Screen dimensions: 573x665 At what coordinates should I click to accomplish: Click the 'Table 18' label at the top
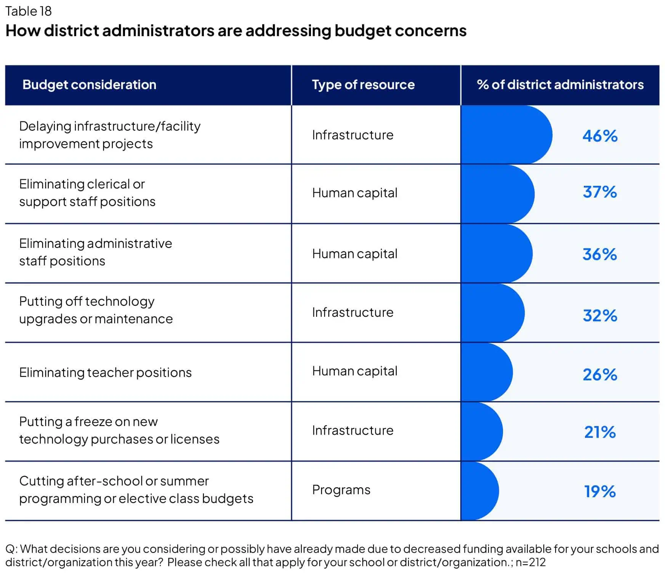[29, 11]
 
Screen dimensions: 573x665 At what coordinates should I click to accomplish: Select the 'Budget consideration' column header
[89, 85]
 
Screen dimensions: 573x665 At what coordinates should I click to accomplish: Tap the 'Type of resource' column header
[363, 85]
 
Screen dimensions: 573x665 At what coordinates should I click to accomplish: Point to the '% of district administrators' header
[560, 85]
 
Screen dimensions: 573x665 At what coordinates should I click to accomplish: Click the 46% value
[600, 136]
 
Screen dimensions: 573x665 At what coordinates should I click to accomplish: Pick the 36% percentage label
[599, 254]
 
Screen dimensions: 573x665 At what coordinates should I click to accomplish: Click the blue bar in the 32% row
[492, 313]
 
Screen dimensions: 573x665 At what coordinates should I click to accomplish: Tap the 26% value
[600, 375]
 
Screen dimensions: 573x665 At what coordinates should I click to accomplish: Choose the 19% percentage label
[600, 492]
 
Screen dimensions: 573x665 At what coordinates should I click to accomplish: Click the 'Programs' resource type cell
[341, 490]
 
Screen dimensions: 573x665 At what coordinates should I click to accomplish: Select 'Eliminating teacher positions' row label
[105, 372]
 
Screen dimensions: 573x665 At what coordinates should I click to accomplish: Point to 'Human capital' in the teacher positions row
[354, 371]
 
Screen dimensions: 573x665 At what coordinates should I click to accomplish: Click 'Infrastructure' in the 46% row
[353, 135]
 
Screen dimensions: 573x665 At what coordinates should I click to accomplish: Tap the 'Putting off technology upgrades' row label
[96, 310]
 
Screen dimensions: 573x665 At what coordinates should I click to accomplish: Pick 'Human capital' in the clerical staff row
[354, 193]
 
